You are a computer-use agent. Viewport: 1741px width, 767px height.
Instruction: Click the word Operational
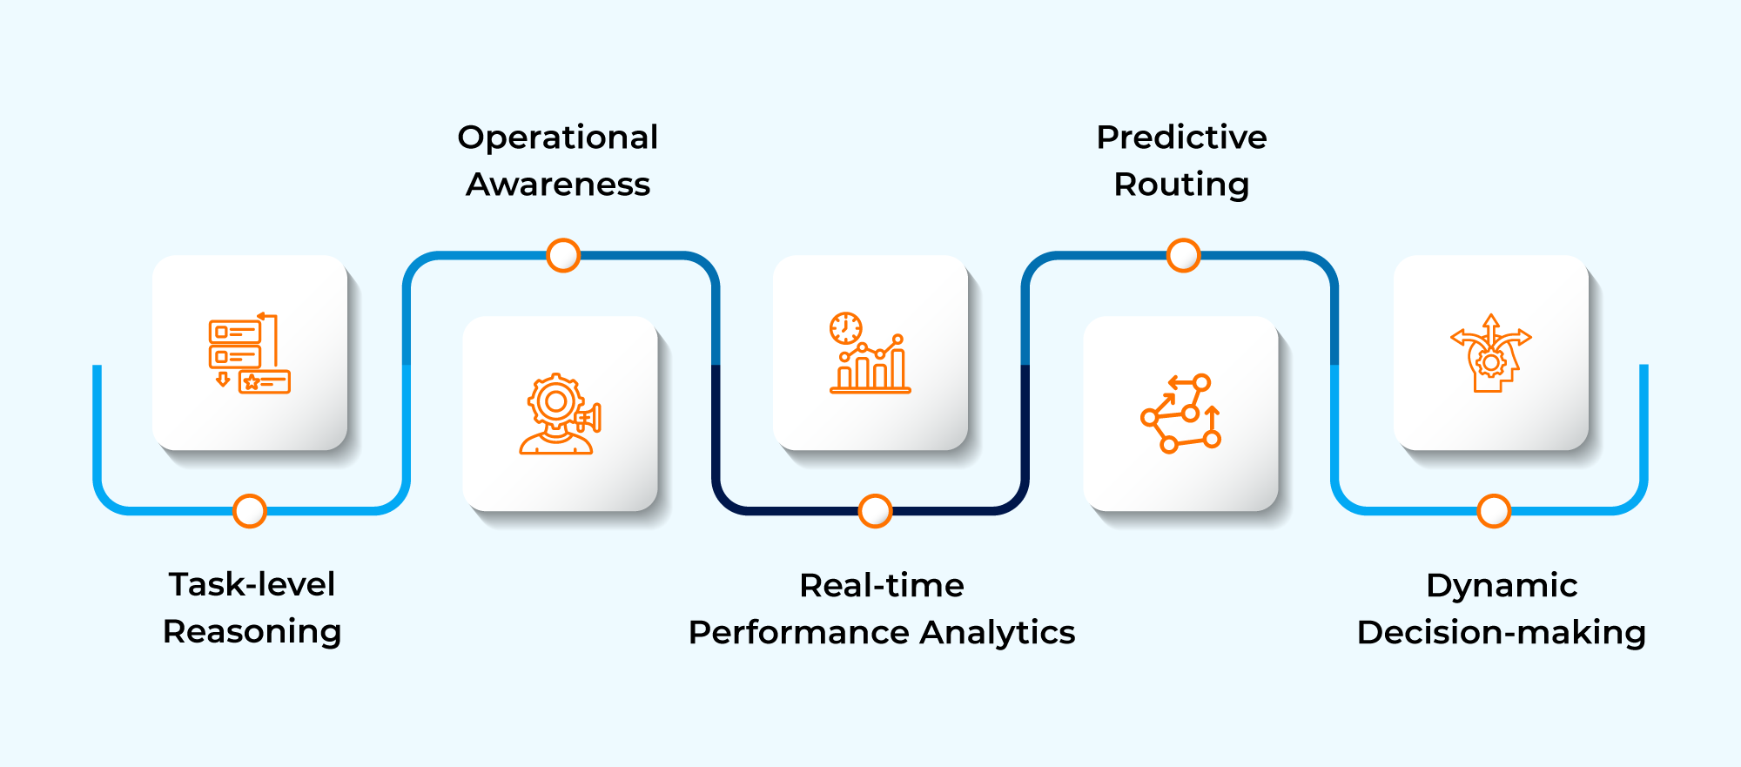[557, 138]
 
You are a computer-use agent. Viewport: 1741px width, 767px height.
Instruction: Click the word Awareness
[557, 185]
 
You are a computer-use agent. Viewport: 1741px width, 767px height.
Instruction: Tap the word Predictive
[1181, 138]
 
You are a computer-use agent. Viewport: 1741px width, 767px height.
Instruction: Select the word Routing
[1181, 185]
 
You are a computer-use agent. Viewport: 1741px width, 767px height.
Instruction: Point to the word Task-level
[252, 584]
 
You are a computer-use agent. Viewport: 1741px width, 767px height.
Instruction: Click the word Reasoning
[252, 631]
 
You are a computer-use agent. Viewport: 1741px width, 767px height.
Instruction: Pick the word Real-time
[881, 585]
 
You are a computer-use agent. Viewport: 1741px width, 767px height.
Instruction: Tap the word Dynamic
[1501, 585]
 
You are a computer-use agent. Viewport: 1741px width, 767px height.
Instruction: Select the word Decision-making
[1501, 632]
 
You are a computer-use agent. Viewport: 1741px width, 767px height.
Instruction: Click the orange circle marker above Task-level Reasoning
[250, 511]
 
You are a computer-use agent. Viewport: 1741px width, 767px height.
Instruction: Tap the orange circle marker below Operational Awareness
[563, 255]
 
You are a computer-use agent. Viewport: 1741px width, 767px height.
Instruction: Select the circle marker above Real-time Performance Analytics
[875, 511]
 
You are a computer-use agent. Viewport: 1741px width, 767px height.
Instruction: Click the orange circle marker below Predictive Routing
[1183, 255]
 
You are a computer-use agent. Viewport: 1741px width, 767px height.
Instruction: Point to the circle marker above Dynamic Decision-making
[1494, 511]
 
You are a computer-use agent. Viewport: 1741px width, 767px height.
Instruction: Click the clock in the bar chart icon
[845, 328]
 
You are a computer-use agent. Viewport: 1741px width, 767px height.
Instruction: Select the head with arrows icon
[1490, 353]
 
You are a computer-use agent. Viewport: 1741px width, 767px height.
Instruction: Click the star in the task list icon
[252, 382]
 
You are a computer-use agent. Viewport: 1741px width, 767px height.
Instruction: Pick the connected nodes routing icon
[1181, 414]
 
